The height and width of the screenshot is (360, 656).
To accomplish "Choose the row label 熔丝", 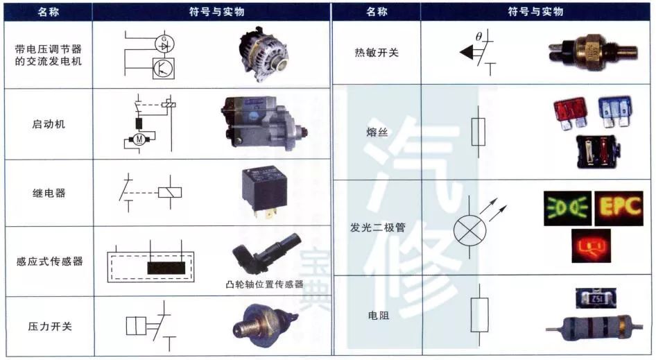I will pyautogui.click(x=377, y=132).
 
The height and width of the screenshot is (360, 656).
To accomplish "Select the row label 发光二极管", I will pyautogui.click(x=377, y=227).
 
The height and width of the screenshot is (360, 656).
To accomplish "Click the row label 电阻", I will pyautogui.click(x=377, y=315).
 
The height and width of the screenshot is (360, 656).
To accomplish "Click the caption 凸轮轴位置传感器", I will pyautogui.click(x=264, y=284).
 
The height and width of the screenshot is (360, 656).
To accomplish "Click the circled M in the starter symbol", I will pyautogui.click(x=139, y=141).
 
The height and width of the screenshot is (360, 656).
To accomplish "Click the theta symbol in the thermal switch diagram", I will pyautogui.click(x=478, y=36).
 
